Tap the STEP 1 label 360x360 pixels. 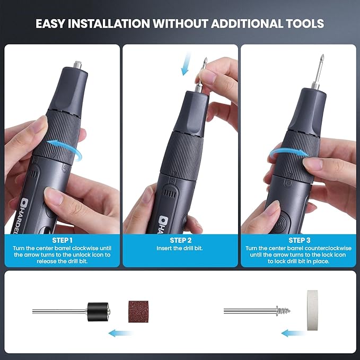pos(62,239)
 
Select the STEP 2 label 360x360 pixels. pos(180,239)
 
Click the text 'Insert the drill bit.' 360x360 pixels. pos(180,248)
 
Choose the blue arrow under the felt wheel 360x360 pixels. pos(293,333)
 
